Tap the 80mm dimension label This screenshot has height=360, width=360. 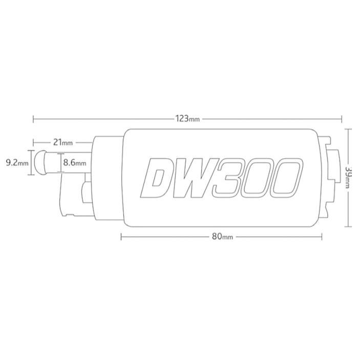[222, 237]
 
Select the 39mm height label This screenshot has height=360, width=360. [348, 177]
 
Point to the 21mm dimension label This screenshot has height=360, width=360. [61, 142]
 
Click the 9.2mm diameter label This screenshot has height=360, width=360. [15, 163]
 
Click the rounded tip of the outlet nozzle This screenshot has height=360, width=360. [40, 163]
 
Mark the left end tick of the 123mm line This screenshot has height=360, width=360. [33, 119]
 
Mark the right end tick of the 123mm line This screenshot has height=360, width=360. [342, 119]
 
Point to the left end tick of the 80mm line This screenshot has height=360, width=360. [121, 237]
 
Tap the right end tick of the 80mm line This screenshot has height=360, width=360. [322, 237]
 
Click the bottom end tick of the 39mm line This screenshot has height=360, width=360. [348, 226]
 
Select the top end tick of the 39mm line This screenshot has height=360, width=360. [348, 129]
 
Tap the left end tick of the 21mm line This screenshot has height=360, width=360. [33, 142]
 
